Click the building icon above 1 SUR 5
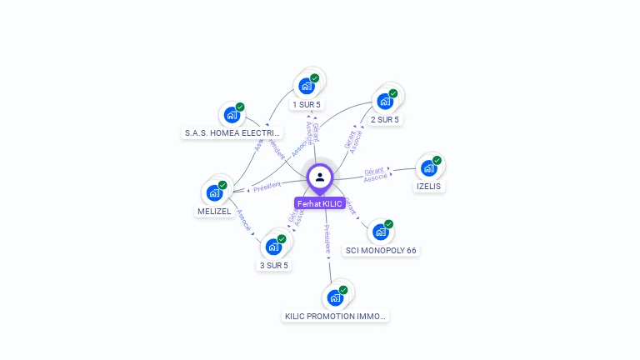click(307, 85)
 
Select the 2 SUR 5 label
click(385, 119)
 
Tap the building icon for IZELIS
click(429, 167)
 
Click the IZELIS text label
click(428, 187)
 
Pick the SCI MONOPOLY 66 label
click(381, 250)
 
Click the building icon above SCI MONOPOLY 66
click(380, 232)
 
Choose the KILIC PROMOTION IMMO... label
click(336, 316)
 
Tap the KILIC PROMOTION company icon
click(335, 297)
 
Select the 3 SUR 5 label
click(273, 265)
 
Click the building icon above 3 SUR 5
click(273, 247)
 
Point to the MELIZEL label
click(214, 212)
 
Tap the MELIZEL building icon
click(214, 192)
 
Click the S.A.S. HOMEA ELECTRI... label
click(232, 133)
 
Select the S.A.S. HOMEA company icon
click(232, 115)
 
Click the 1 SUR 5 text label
click(307, 104)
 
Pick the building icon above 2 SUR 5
click(385, 101)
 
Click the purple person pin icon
click(320, 177)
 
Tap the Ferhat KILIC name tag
click(320, 204)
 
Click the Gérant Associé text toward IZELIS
click(375, 174)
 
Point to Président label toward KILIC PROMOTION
click(327, 238)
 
